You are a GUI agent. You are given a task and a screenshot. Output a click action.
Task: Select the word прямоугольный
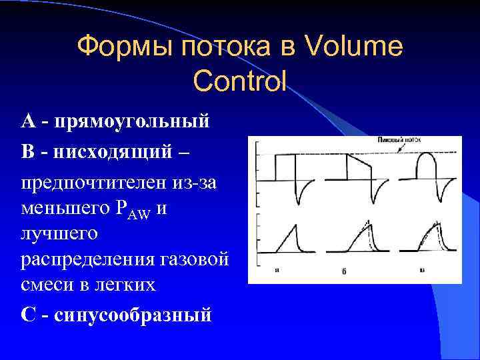(134, 122)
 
